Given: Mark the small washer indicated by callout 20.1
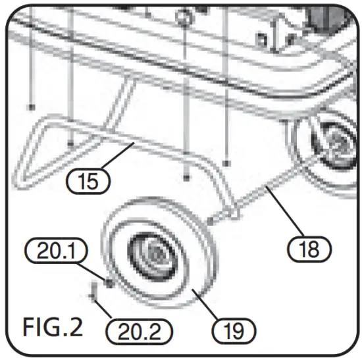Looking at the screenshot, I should [x=105, y=284].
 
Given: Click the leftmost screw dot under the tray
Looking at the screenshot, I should [x=31, y=106].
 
